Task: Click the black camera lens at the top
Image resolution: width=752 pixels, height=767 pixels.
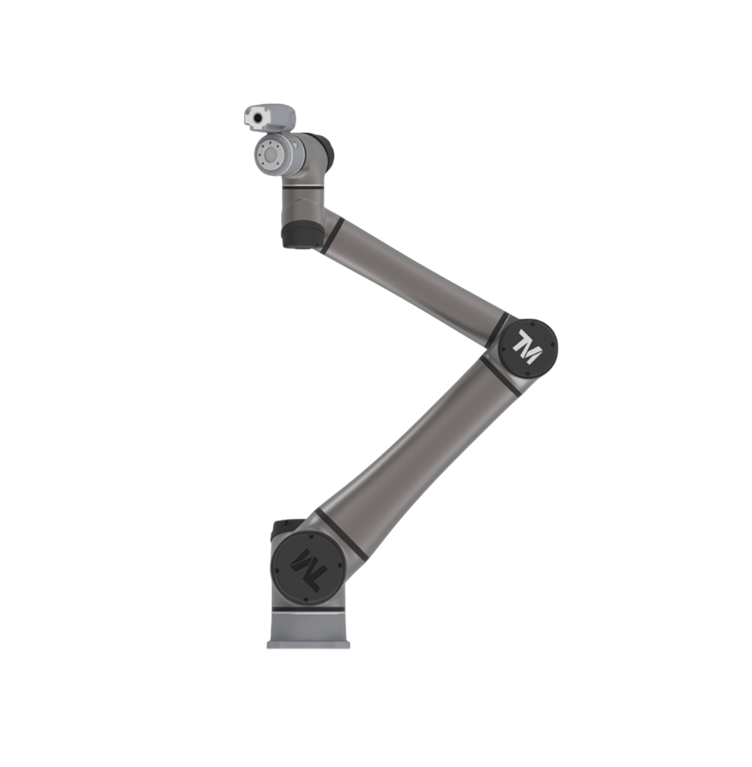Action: point(258,118)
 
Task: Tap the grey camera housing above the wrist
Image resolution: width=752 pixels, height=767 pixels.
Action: point(270,118)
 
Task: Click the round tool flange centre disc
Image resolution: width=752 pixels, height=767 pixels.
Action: point(271,155)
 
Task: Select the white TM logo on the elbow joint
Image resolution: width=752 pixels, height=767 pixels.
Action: point(527,347)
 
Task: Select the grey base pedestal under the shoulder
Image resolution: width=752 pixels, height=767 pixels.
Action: point(308,632)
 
